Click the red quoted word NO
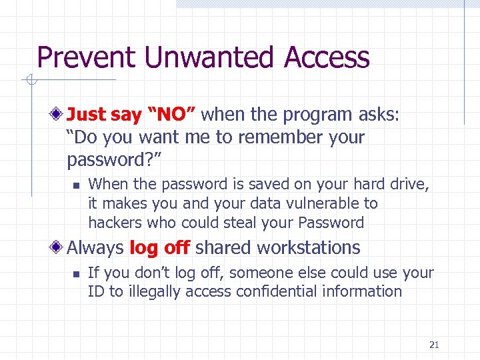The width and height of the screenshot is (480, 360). pyautogui.click(x=173, y=115)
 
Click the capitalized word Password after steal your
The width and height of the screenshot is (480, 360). pyautogui.click(x=331, y=223)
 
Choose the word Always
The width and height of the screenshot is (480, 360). pyautogui.click(x=95, y=248)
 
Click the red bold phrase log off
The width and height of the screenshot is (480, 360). pyautogui.click(x=159, y=248)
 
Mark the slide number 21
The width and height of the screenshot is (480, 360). pyautogui.click(x=434, y=345)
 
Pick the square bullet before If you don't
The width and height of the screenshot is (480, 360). pyautogui.click(x=77, y=273)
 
